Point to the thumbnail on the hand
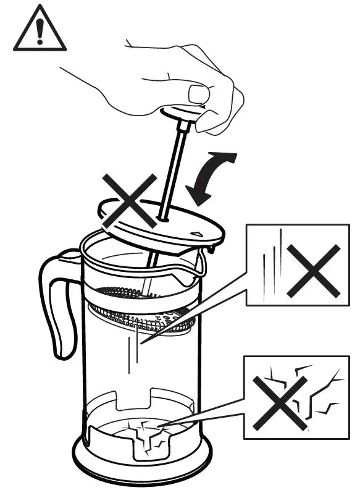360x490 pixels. [x=199, y=95]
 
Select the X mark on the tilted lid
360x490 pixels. [x=129, y=199]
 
